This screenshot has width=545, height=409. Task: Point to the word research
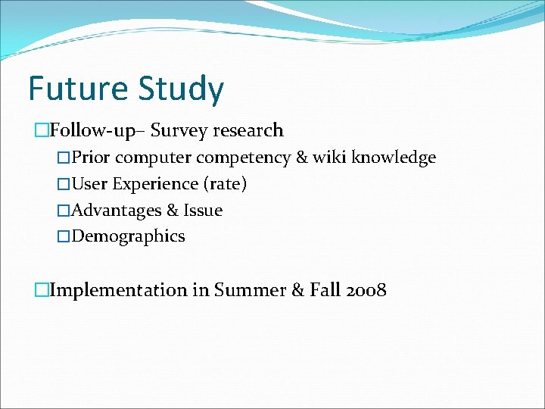click(x=248, y=130)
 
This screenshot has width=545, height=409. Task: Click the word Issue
click(x=203, y=210)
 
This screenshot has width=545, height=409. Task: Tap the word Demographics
click(x=128, y=236)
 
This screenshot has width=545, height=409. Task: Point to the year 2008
click(x=364, y=289)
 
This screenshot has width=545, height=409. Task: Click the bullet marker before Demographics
click(x=64, y=236)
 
